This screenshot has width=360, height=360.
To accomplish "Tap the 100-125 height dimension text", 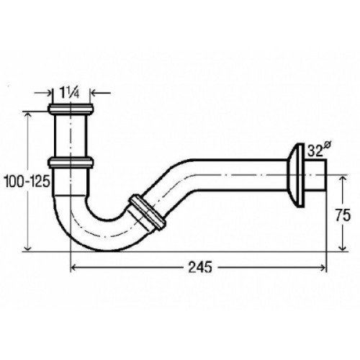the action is pyautogui.click(x=27, y=181).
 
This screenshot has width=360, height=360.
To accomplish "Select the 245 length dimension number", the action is pyautogui.click(x=200, y=267).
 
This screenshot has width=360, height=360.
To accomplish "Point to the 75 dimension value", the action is pyautogui.click(x=343, y=215).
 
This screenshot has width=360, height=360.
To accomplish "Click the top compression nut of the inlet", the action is pyautogui.click(x=71, y=109).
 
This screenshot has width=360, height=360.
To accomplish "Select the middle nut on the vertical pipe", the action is pyautogui.click(x=71, y=162).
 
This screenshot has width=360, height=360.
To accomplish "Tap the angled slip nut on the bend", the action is pyautogui.click(x=148, y=212).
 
